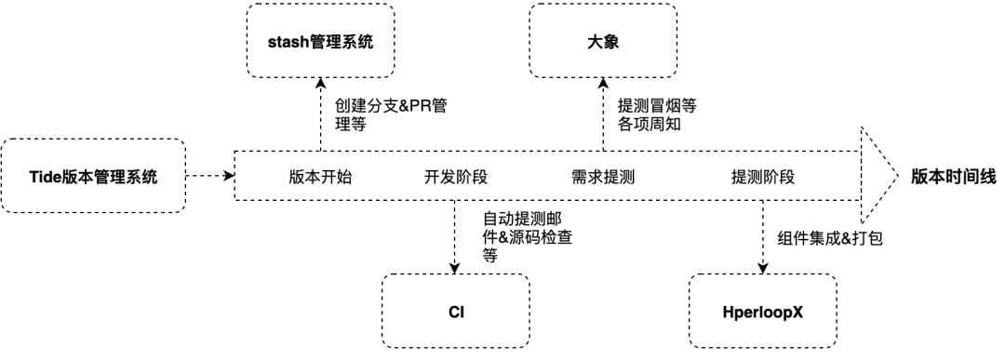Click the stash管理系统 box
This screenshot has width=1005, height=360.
[x=321, y=41]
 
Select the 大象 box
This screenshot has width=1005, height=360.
[x=602, y=41]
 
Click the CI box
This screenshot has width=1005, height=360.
[x=455, y=312]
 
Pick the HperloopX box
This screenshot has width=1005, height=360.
[x=763, y=312]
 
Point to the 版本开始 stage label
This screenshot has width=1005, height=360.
[x=320, y=176]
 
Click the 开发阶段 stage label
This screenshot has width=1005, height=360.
[x=456, y=176]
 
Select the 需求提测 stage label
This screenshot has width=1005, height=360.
[x=603, y=176]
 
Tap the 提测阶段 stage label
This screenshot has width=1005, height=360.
[x=763, y=176]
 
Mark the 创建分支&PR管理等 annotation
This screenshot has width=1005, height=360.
[x=390, y=115]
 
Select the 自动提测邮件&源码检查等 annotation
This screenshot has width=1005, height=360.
[x=521, y=238]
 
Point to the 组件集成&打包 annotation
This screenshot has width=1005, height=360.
[x=829, y=237]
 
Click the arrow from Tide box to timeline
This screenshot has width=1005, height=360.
[x=209, y=175]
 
